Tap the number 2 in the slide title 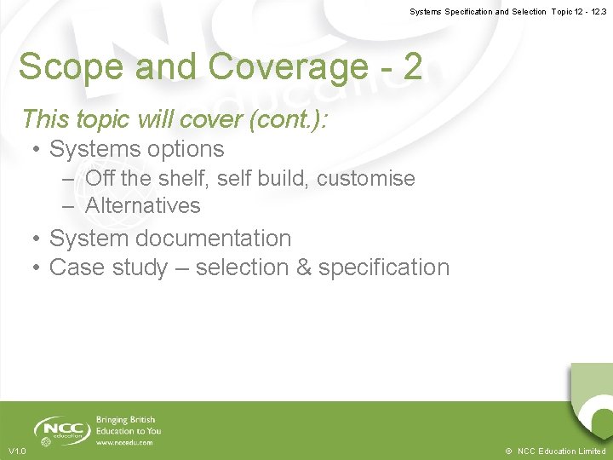pos(412,66)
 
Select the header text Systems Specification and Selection pos(478,12)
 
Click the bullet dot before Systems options pos(37,150)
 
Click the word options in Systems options pos(184,149)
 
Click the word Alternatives pos(143,205)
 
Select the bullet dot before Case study pos(37,268)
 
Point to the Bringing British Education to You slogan pos(128,425)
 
